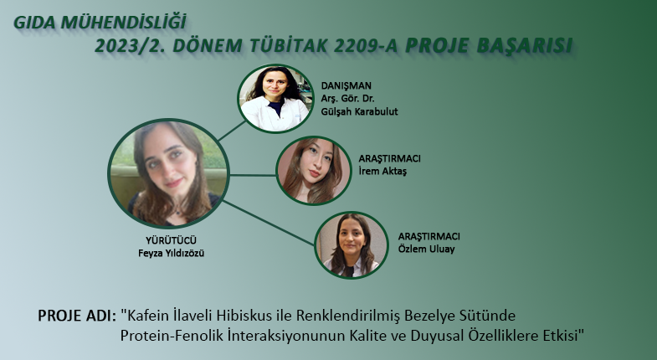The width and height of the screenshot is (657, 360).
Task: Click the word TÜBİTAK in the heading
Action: [288, 46]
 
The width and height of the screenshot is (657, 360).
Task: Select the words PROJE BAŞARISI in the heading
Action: [489, 46]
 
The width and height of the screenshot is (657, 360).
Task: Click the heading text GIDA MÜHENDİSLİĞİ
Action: [100, 23]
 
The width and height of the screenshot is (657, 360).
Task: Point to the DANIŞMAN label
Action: [346, 85]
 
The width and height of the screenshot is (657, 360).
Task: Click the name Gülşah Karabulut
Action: [359, 111]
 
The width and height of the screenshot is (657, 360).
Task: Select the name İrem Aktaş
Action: [382, 171]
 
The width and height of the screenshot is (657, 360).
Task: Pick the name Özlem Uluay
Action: [426, 249]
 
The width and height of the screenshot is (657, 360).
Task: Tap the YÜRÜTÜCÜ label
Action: [171, 240]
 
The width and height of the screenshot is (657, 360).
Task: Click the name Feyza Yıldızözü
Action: [171, 253]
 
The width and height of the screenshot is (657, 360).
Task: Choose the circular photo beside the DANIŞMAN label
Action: [275, 99]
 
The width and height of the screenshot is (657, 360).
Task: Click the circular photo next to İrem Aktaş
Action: [313, 171]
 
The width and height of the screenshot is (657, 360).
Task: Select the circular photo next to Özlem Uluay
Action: [352, 245]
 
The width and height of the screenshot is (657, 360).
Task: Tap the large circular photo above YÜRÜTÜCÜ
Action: [168, 173]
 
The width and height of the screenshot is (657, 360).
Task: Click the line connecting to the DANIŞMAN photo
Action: [233, 131]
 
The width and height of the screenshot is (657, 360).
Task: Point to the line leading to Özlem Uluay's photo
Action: [269, 223]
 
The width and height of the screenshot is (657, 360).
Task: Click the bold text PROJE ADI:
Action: [77, 316]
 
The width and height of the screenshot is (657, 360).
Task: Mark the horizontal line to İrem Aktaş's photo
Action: [253, 175]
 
